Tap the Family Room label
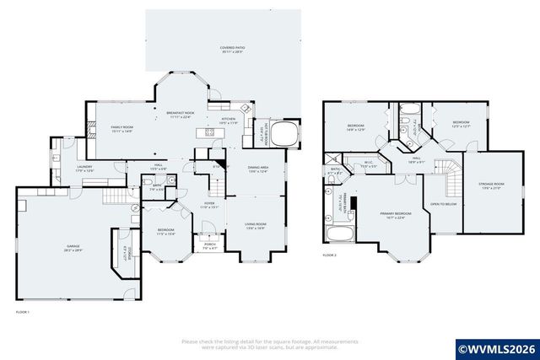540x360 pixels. point(122,128)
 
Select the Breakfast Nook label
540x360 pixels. point(181,115)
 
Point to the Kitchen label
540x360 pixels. point(229,121)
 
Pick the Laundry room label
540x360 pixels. point(84,169)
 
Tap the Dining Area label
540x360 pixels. point(258,169)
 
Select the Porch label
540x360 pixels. point(209,247)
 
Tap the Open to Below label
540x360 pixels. point(443,204)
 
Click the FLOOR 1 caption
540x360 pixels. point(23,313)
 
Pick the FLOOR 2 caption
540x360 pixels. point(329,255)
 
